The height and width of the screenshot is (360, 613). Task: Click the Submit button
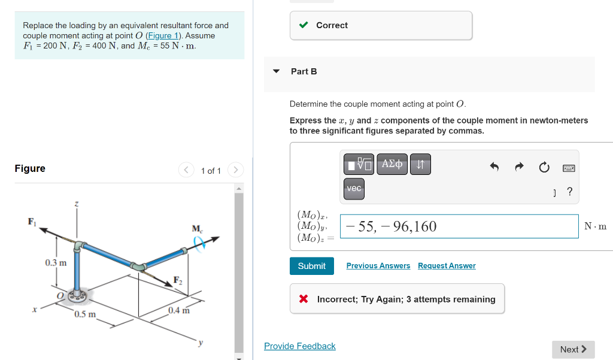click(x=311, y=266)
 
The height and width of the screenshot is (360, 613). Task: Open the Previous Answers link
click(x=378, y=266)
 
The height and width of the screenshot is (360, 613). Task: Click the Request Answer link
click(x=447, y=266)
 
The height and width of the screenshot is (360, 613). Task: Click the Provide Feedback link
click(x=299, y=346)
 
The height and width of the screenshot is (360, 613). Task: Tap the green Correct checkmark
click(x=304, y=25)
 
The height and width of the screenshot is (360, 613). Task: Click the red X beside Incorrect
click(x=304, y=299)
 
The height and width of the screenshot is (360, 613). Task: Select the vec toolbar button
click(x=354, y=189)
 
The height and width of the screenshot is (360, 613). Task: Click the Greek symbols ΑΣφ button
click(x=392, y=164)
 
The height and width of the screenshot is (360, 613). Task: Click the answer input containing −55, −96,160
click(x=459, y=226)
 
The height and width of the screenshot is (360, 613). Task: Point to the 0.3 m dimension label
click(x=56, y=263)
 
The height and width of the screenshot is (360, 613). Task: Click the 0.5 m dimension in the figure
click(x=85, y=314)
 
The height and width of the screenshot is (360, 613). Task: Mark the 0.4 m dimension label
click(x=178, y=310)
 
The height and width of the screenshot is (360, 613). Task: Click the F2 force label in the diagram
click(x=178, y=280)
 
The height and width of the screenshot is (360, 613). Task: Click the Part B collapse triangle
click(x=276, y=71)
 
